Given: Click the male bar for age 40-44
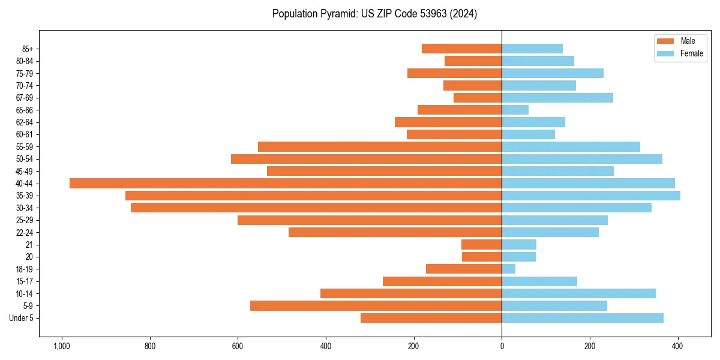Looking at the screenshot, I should [x=286, y=183].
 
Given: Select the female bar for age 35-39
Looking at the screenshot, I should [x=591, y=196].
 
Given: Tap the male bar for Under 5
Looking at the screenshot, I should [x=431, y=318].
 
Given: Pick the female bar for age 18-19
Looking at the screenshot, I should [x=509, y=269].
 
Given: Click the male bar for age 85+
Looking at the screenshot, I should [x=461, y=49].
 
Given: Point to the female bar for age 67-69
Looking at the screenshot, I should [x=557, y=98].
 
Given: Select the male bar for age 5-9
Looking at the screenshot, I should [x=376, y=305].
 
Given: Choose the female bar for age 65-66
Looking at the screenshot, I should [x=515, y=110].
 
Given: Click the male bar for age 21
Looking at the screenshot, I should [x=481, y=244].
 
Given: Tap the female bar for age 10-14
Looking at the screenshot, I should [x=578, y=293].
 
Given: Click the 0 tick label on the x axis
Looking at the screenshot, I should [x=502, y=346].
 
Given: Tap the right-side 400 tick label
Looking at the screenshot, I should [x=677, y=346].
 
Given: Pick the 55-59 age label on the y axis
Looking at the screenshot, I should [x=25, y=146].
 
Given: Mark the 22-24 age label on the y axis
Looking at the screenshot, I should [x=25, y=232].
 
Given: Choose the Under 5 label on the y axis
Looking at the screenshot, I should [x=22, y=318].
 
